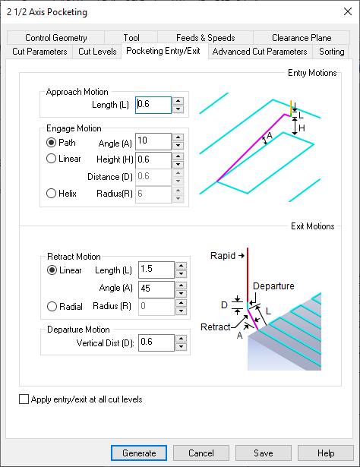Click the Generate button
pos(139,453)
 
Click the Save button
pos(264,453)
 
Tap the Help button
pos(326,453)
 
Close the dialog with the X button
pos(348,11)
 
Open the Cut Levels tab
pos(97,52)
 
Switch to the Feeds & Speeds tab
pos(206,38)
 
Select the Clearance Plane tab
pos(302,38)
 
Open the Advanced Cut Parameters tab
pos(260,52)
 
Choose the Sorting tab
pos(331,52)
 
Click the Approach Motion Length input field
pos(153,105)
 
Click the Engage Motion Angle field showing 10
pos(153,141)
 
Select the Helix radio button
pos(51,194)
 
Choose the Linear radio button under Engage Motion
pos(51,159)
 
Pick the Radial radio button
pos(52,306)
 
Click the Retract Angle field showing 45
pos(156,289)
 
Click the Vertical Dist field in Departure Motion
pos(156,342)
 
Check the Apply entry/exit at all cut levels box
pos(24,399)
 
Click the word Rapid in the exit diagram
pos(223,256)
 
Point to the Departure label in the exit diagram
pos(273,286)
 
